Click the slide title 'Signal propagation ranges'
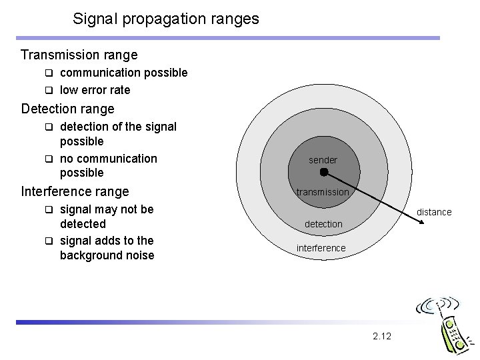[x=166, y=19]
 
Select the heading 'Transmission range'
[x=79, y=55]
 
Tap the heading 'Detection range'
[x=68, y=108]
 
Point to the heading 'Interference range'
[x=75, y=191]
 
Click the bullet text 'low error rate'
[x=95, y=89]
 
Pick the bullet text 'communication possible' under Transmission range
[x=123, y=72]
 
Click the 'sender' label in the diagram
[x=323, y=160]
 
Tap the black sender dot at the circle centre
[x=323, y=172]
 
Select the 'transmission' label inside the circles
[x=323, y=192]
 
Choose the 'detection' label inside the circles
[x=323, y=224]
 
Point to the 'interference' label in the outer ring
[x=321, y=248]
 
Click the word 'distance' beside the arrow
[x=434, y=212]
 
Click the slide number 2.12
[x=382, y=336]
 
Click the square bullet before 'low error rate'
[x=49, y=90]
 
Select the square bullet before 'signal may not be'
[x=49, y=209]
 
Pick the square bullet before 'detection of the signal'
[x=49, y=126]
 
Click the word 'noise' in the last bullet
[x=138, y=255]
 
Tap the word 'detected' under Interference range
[x=83, y=224]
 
